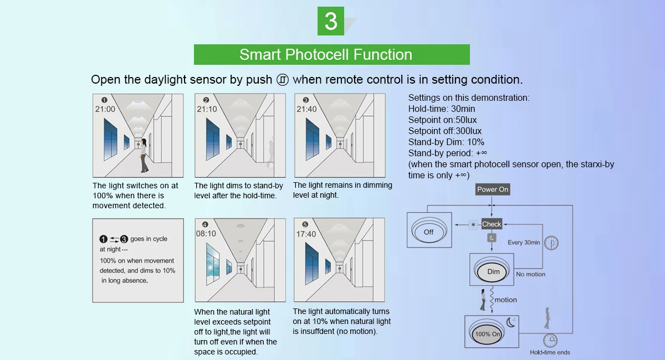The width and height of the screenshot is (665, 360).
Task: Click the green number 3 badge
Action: [x=331, y=21]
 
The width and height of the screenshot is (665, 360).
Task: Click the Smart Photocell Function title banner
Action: [x=331, y=55]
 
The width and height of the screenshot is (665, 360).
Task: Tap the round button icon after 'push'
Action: [x=283, y=79]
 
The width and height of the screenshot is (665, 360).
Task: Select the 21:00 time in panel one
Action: [x=105, y=109]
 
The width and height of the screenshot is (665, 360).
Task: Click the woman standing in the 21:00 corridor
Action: [x=144, y=155]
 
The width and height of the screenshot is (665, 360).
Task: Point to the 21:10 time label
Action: [x=207, y=109]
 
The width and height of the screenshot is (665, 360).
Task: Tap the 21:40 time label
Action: [x=306, y=109]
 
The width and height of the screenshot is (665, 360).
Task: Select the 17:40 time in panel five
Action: [x=306, y=234]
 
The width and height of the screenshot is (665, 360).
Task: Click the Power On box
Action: [x=493, y=189]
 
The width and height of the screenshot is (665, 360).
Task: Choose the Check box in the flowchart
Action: [x=492, y=224]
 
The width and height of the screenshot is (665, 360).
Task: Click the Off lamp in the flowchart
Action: [x=429, y=231]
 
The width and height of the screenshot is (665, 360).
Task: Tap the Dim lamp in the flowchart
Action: [x=493, y=271]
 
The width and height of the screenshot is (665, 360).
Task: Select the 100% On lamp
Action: [x=488, y=334]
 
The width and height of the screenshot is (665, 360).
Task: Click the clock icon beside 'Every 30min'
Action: [x=551, y=243]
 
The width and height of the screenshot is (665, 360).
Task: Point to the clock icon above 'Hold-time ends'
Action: [x=550, y=340]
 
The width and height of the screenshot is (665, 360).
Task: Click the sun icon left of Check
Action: [x=473, y=224]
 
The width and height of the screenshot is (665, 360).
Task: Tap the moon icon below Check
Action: [x=492, y=238]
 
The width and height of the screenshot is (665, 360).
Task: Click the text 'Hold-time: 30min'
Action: [x=442, y=109]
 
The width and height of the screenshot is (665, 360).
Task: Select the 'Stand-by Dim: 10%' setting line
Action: [x=446, y=142]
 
